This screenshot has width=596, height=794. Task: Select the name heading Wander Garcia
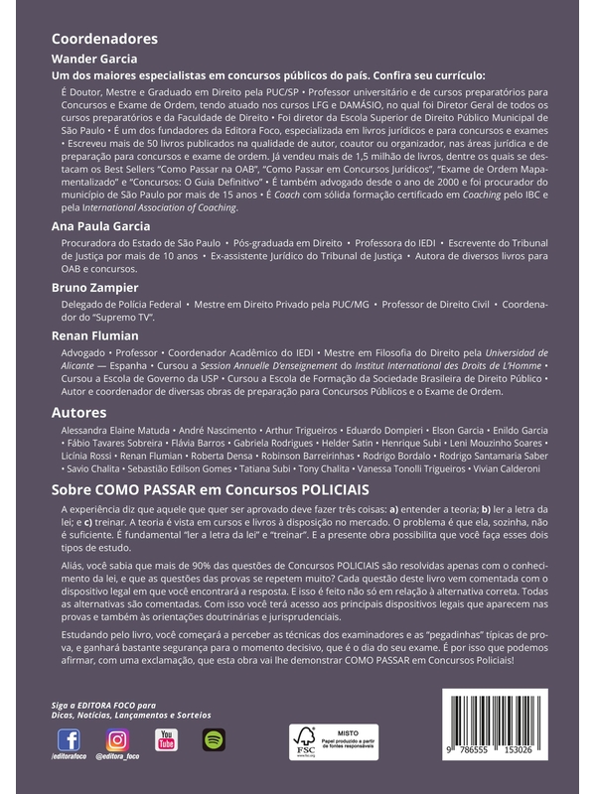(x=95, y=60)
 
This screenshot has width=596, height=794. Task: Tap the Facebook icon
(x=69, y=739)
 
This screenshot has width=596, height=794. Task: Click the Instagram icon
(x=117, y=739)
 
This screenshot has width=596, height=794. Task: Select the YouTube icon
(x=166, y=739)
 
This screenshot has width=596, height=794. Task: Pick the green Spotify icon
(x=214, y=739)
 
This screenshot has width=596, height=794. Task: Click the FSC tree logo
(x=303, y=740)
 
